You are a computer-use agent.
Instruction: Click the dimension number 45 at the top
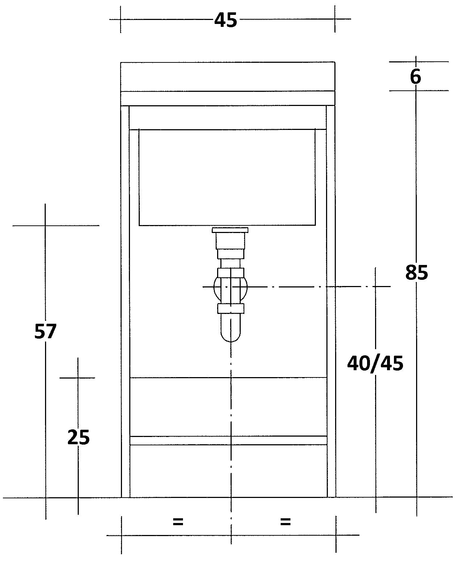click(225, 20)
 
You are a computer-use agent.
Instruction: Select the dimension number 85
click(416, 273)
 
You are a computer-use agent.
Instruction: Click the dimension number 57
click(45, 331)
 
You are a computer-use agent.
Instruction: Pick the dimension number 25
click(78, 437)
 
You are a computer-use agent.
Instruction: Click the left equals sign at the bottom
click(178, 522)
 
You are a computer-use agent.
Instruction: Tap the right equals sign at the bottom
click(285, 522)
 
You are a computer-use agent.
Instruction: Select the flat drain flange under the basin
click(230, 230)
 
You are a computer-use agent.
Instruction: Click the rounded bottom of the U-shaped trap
click(231, 336)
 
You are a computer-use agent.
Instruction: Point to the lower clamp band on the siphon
click(231, 309)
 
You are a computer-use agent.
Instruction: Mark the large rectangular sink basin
click(227, 177)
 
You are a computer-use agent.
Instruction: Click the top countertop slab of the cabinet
click(228, 77)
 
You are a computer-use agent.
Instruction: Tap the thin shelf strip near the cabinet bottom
click(228, 440)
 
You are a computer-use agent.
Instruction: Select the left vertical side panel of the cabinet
click(125, 301)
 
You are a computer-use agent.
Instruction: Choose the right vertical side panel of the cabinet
click(331, 301)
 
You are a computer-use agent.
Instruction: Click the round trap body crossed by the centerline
click(231, 287)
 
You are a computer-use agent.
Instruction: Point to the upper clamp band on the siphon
click(231, 272)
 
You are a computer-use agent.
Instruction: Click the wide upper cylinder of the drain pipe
click(230, 241)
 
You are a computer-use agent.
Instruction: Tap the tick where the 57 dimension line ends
click(45, 225)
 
